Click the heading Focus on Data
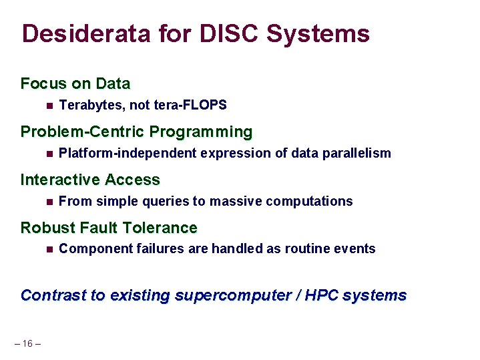[75, 84]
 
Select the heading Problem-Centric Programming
[136, 132]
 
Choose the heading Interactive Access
[90, 180]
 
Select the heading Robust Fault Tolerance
[109, 228]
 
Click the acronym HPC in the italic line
[321, 295]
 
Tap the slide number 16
[27, 343]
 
